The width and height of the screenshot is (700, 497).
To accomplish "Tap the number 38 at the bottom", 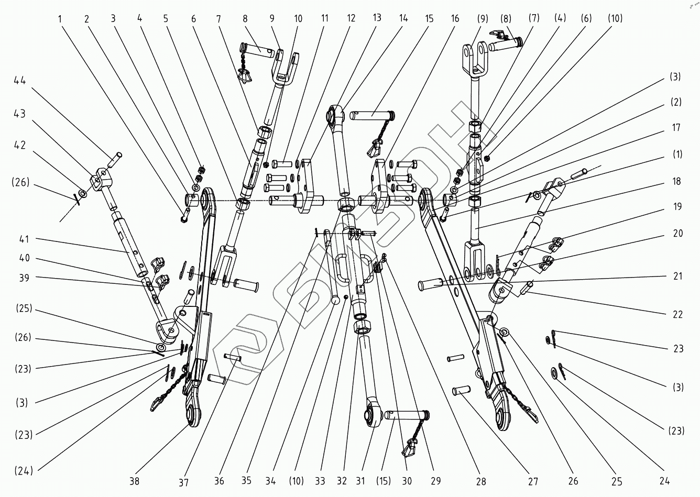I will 135,481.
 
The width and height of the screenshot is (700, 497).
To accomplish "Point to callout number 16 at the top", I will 455,19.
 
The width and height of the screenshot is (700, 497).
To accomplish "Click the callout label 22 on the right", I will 677,314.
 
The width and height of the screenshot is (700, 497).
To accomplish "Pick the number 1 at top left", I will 60,19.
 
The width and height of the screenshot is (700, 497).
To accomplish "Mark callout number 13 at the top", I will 377,17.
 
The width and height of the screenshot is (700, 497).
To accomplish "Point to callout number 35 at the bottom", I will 248,481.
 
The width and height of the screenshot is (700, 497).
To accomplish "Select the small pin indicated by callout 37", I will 232,358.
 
